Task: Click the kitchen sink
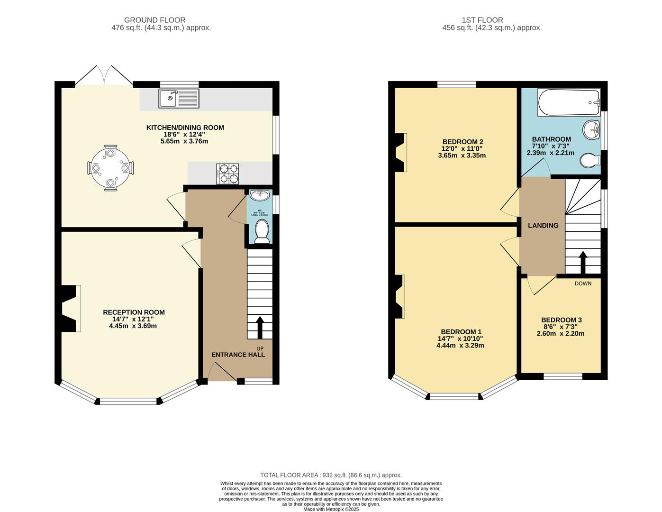[x=179, y=98]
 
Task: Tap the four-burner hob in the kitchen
[x=227, y=174]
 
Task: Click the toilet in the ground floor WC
[x=262, y=233]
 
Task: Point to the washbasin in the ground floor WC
[x=259, y=195]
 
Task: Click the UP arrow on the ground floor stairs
[x=260, y=328]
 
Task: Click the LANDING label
[x=543, y=226]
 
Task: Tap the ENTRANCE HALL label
[x=238, y=355]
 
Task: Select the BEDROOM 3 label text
[x=562, y=320]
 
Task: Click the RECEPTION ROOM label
[x=134, y=312]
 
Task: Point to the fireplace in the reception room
[x=70, y=309]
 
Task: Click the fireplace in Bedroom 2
[x=400, y=152]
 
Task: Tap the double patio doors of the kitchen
[x=104, y=77]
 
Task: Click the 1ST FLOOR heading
[x=482, y=20]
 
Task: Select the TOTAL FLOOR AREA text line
[x=331, y=475]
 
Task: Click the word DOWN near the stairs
[x=583, y=283]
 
